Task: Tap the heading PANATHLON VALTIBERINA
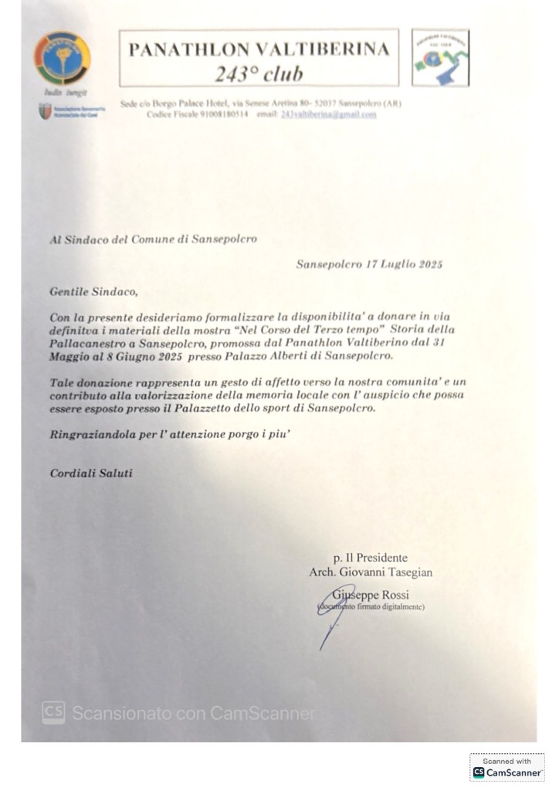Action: click(258, 50)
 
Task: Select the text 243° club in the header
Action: click(258, 74)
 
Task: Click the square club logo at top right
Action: click(440, 58)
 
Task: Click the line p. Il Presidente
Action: click(371, 557)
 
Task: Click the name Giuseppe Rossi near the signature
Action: click(370, 595)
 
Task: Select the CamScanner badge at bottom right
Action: click(507, 767)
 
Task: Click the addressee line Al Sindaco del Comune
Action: click(153, 239)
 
